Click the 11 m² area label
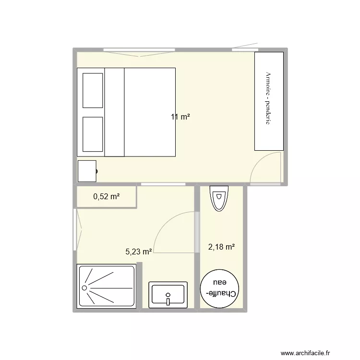point(180,117)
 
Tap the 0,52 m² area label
point(106,196)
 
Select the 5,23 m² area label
point(139,251)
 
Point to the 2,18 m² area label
point(221,247)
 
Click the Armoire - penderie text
point(268,98)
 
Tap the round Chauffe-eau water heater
point(220,290)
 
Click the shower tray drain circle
point(85,288)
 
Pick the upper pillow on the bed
point(93,90)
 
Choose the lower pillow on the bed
point(93,134)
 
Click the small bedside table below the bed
point(87,171)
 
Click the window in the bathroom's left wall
point(74,229)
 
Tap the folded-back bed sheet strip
point(114,112)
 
